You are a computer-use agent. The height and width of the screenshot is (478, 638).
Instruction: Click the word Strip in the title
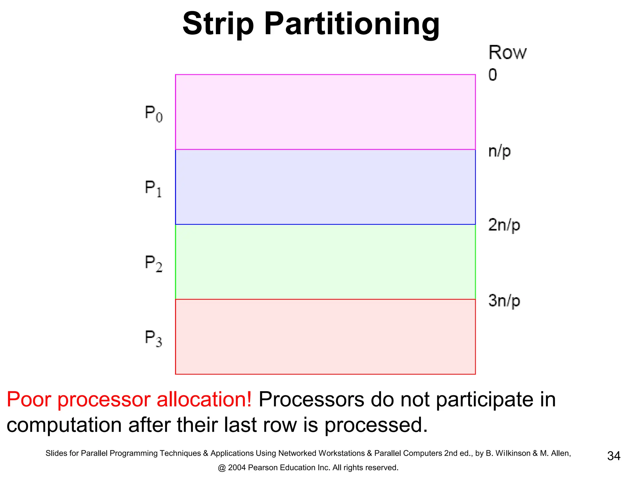tap(218, 24)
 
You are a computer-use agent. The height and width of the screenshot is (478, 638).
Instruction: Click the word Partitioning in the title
tap(352, 24)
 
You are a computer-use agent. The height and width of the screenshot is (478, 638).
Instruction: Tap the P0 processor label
tap(154, 114)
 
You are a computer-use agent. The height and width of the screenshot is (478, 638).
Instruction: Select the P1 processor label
tap(153, 189)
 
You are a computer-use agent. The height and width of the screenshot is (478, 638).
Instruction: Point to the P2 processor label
tap(154, 264)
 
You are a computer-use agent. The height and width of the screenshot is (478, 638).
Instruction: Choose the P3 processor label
tap(154, 338)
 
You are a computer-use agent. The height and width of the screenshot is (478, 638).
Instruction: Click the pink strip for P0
tap(325, 112)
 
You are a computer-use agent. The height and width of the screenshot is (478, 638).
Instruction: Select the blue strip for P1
tap(325, 187)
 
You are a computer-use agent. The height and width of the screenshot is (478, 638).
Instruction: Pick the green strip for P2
tap(325, 262)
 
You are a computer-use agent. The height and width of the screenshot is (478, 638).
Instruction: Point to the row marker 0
tap(493, 75)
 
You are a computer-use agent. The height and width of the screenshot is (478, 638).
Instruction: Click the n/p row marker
tap(499, 152)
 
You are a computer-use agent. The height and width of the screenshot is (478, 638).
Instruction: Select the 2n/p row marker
tap(504, 225)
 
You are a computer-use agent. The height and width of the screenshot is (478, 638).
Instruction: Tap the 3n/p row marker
tap(504, 301)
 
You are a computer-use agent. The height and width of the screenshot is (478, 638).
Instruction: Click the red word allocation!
tap(204, 399)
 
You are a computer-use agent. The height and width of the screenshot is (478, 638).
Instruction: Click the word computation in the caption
tap(64, 425)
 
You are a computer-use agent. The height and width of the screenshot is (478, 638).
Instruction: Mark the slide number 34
tap(613, 456)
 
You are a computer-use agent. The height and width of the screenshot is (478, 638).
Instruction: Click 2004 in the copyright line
tap(237, 467)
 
